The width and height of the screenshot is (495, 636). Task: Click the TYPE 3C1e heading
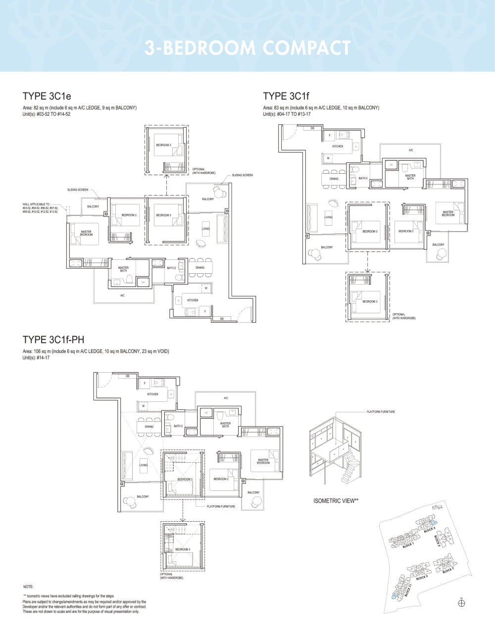point(50,96)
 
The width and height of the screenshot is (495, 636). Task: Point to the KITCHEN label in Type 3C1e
point(193,300)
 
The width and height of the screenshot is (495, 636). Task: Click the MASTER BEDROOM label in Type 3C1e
point(86,233)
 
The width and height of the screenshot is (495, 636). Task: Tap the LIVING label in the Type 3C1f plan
point(328,217)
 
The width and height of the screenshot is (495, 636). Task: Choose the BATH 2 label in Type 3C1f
point(363,178)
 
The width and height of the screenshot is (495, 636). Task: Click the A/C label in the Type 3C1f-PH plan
point(226,398)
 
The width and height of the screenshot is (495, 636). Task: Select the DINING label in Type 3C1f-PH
point(149,426)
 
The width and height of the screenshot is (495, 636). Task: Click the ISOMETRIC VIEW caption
point(336,501)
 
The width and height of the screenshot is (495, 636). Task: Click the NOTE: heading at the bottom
point(28,587)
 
